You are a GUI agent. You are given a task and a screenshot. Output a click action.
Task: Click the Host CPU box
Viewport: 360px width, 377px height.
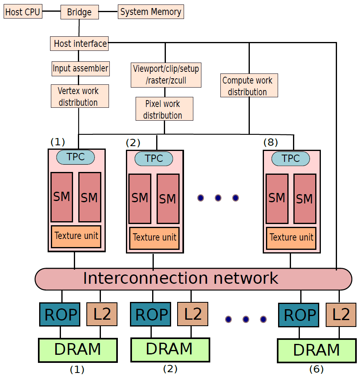click(23, 11)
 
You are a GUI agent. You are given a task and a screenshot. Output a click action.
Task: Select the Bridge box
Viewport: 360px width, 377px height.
click(80, 12)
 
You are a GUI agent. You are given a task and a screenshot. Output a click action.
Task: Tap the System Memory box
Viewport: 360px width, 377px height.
click(151, 12)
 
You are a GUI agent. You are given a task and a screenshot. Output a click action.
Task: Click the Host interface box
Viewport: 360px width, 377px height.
click(79, 44)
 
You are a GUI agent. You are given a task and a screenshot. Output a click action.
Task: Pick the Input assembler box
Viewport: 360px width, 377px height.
click(81, 69)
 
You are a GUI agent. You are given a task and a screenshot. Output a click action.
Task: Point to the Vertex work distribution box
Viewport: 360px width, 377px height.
click(80, 96)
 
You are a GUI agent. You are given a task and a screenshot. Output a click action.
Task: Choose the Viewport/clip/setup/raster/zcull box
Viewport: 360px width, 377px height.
click(166, 75)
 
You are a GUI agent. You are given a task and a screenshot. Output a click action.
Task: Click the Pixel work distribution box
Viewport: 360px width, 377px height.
click(164, 109)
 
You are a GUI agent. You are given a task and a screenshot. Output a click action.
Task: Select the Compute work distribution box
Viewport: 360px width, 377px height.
click(249, 85)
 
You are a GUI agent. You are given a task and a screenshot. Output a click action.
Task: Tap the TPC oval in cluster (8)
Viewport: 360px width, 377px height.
click(291, 159)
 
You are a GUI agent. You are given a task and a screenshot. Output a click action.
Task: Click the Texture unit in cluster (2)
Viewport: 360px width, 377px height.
click(154, 238)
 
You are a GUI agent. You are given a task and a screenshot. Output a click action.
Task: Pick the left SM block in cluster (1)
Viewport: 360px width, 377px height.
click(62, 197)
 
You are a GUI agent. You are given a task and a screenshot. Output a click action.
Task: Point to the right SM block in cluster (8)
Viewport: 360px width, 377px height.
click(305, 199)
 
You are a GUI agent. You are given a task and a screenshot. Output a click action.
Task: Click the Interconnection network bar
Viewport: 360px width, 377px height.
click(193, 279)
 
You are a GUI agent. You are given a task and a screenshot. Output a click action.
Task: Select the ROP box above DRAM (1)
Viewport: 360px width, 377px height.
click(60, 314)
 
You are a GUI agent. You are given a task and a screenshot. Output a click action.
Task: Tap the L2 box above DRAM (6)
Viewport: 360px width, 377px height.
click(341, 314)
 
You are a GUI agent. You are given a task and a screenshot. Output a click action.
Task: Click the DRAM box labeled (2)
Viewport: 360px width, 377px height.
click(170, 350)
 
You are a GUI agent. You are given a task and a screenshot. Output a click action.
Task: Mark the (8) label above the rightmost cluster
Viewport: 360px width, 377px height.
click(270, 142)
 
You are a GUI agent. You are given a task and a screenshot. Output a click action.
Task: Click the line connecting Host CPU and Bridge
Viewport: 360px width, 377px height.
click(52, 11)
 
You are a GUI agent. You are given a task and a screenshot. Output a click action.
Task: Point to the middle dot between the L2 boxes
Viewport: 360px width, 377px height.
click(246, 319)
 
